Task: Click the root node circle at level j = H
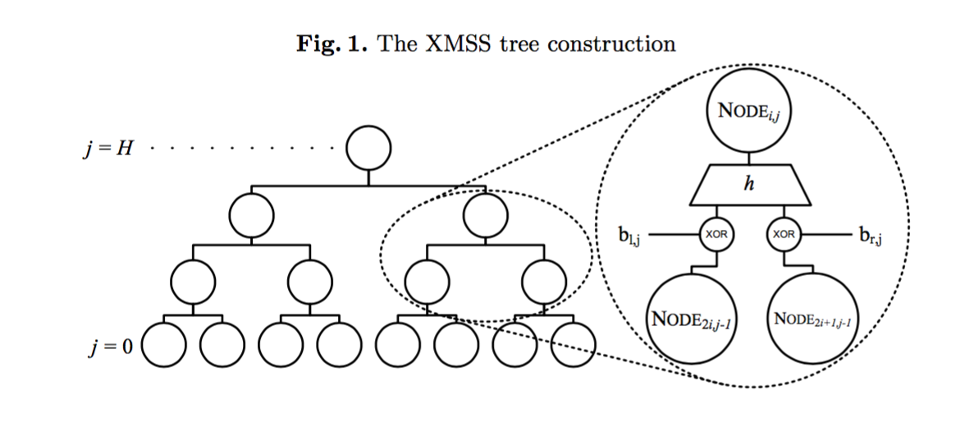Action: pyautogui.click(x=368, y=149)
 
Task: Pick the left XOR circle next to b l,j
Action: pyautogui.click(x=715, y=234)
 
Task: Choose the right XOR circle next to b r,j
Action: pyautogui.click(x=784, y=234)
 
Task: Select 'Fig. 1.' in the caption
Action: pyautogui.click(x=332, y=44)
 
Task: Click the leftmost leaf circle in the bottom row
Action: pyautogui.click(x=165, y=347)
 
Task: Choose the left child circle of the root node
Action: pyautogui.click(x=251, y=216)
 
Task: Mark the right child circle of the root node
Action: pyautogui.click(x=485, y=216)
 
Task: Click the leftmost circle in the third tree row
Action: pyautogui.click(x=193, y=282)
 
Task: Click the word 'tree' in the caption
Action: pyautogui.click(x=518, y=44)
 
